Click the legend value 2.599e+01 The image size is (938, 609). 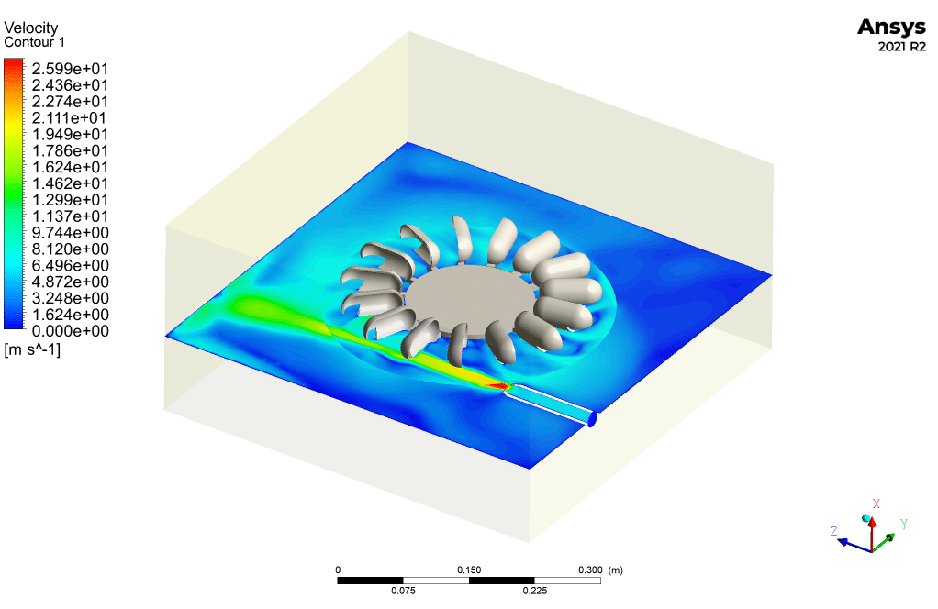click(x=70, y=69)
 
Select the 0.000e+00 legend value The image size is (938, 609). click(x=70, y=331)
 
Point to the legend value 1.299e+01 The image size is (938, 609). click(x=70, y=200)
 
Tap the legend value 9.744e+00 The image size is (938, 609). click(x=70, y=232)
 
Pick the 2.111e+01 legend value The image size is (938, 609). click(x=70, y=117)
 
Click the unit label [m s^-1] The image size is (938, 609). click(x=32, y=349)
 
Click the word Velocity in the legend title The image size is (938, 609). click(x=31, y=28)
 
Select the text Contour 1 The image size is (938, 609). click(x=34, y=42)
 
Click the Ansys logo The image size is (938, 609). click(x=891, y=28)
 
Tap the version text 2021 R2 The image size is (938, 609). click(x=901, y=47)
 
